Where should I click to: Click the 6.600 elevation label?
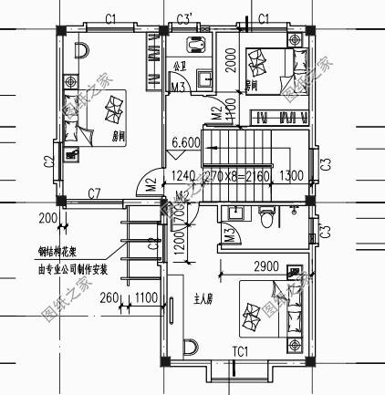point(186,142)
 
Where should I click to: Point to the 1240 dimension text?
point(183,176)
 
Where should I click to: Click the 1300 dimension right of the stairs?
point(293,176)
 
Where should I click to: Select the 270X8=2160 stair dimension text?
point(235,176)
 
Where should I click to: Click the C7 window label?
point(94,193)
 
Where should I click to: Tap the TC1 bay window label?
point(241,350)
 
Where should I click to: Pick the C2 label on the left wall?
point(47,161)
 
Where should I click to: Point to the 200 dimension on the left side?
point(47,218)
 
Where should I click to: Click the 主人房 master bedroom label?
point(203,298)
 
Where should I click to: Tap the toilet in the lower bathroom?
point(266,218)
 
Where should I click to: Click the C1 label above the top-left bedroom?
point(110,17)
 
